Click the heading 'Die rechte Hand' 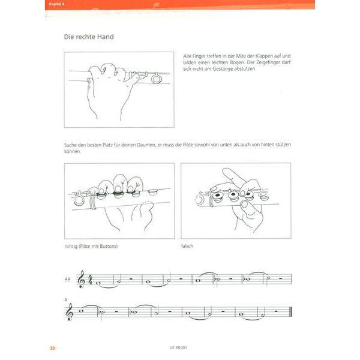[89, 37]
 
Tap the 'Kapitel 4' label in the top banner [58, 5]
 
